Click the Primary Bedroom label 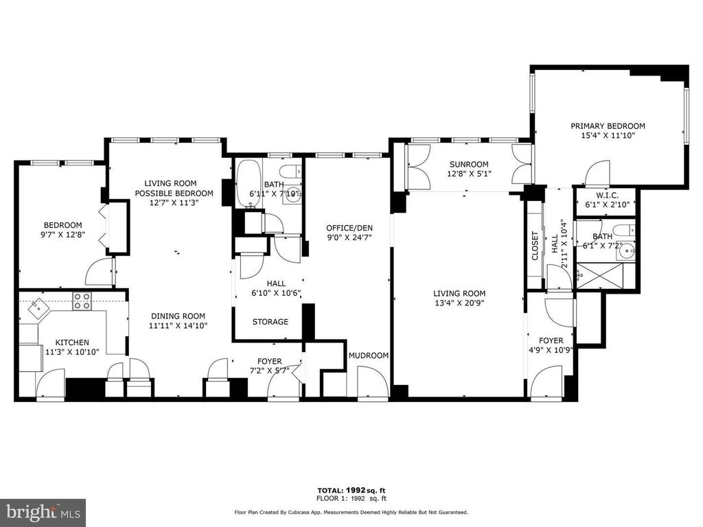(608, 126)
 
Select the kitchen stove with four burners (82, 301)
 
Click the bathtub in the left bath (248, 184)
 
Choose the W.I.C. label (608, 196)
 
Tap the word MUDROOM (369, 355)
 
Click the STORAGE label (270, 322)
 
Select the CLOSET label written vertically (535, 246)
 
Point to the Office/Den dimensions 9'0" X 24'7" (349, 237)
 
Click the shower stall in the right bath (599, 276)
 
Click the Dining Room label (178, 316)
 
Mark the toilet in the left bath (291, 171)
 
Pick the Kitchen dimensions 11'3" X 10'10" (72, 352)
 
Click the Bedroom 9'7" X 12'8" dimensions (62, 235)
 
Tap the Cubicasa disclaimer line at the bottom (351, 512)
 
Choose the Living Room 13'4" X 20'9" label (459, 298)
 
